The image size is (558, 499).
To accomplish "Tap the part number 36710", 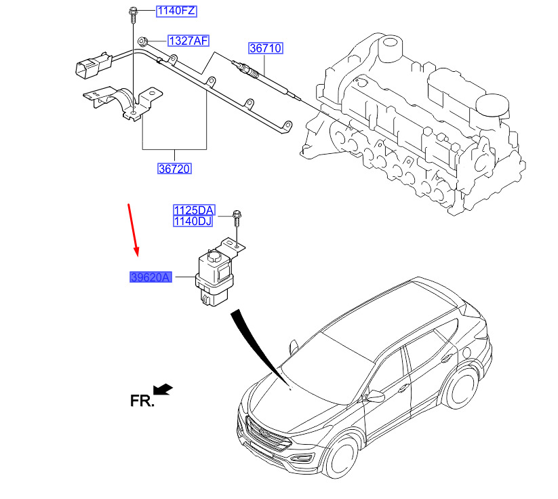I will (x=265, y=49).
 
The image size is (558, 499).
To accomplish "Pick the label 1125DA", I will (x=193, y=210).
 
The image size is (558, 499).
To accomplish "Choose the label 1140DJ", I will (x=193, y=220).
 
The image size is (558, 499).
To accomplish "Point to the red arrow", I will (x=134, y=228).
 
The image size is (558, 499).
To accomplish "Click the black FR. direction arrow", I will (x=163, y=389).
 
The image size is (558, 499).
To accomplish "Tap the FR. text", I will (x=142, y=401).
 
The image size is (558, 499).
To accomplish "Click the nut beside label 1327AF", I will (x=143, y=41).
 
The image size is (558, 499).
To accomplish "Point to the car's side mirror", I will (x=374, y=395).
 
